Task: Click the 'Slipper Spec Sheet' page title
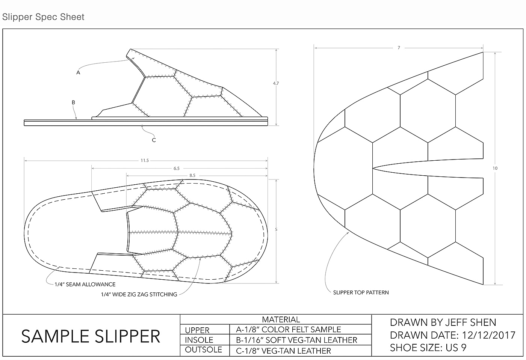(x=43, y=17)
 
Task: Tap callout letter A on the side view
(x=78, y=72)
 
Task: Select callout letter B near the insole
(x=73, y=102)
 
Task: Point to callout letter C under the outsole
(x=154, y=140)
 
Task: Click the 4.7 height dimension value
(x=276, y=83)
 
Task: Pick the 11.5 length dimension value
(x=145, y=161)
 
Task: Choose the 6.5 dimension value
(x=176, y=169)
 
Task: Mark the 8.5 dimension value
(x=192, y=175)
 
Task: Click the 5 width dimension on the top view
(x=276, y=229)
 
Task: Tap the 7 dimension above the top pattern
(x=399, y=48)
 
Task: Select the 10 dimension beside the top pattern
(x=495, y=168)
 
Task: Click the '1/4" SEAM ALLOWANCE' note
(x=85, y=285)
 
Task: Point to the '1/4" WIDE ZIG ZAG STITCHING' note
(x=139, y=295)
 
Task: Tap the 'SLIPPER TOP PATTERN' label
(x=361, y=292)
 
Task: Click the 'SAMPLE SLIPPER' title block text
(x=91, y=336)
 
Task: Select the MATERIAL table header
(x=281, y=319)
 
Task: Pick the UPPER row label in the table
(x=197, y=330)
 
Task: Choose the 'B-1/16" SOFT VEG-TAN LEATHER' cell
(x=296, y=340)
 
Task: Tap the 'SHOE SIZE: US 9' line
(x=428, y=348)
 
